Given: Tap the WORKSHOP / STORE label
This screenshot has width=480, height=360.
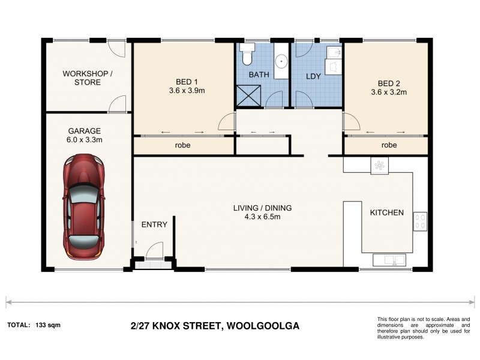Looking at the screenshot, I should [88, 78].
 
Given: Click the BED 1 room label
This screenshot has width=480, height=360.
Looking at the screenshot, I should [184, 87].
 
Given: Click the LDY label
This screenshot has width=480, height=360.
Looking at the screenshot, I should [314, 77].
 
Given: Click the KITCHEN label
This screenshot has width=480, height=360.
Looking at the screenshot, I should [386, 213].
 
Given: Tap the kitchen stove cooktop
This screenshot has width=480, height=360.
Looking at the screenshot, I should [419, 222].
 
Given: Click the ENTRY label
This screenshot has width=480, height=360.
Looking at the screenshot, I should [154, 224].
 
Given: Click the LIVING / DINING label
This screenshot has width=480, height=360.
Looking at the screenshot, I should [262, 212].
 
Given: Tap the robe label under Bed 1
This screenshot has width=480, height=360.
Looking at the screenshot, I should [183, 145].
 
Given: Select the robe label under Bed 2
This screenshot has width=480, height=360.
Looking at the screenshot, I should [389, 145].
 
